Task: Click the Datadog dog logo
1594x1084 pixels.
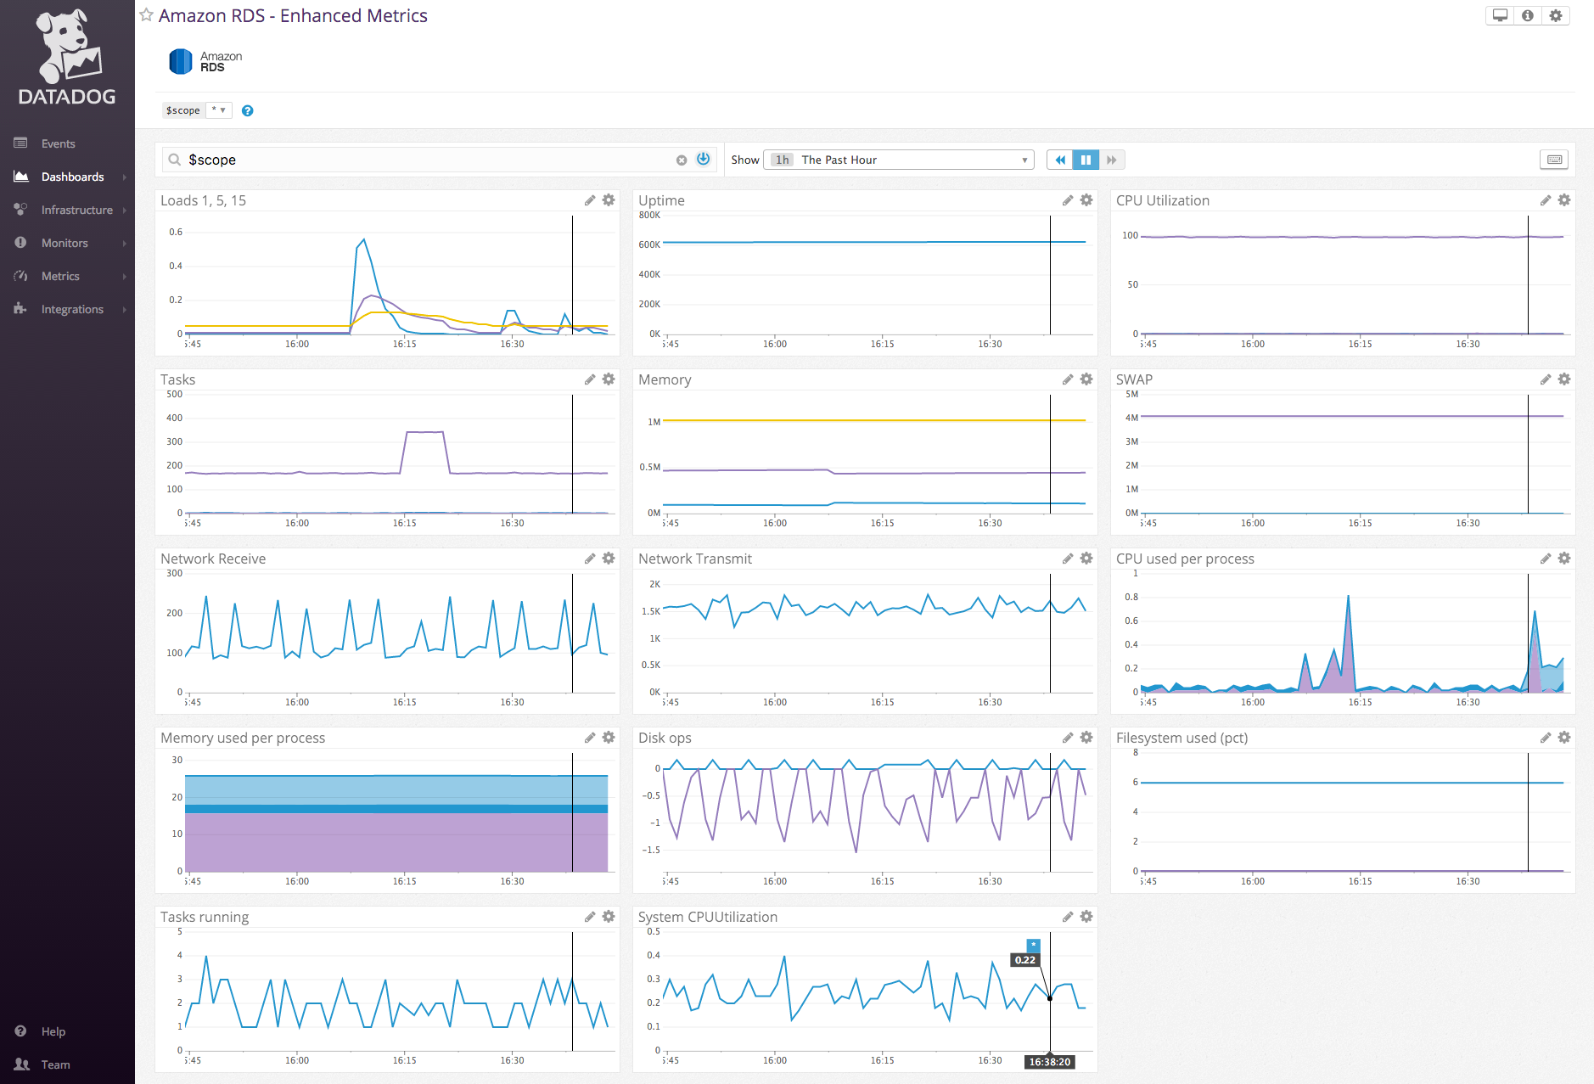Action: [x=66, y=47]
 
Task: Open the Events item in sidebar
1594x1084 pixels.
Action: [x=58, y=143]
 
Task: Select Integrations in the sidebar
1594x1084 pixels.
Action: [x=72, y=309]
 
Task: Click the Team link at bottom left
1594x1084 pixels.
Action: [x=55, y=1064]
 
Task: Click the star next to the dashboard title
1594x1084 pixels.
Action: [x=146, y=15]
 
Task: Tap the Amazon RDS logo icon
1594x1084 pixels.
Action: [x=181, y=61]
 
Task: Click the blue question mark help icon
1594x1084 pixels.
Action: [x=247, y=110]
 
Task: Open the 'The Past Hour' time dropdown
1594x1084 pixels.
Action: [x=899, y=160]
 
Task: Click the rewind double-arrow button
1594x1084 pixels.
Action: [x=1059, y=160]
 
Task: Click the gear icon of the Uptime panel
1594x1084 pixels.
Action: [x=1086, y=200]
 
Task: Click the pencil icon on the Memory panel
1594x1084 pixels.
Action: [x=1068, y=379]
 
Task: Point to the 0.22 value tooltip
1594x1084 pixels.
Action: [x=1024, y=960]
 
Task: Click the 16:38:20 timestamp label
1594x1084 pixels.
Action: [x=1050, y=1062]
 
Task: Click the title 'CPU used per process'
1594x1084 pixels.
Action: [x=1185, y=559]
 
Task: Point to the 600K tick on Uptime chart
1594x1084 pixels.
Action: [x=649, y=244]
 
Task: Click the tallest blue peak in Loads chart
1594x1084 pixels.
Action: [x=364, y=240]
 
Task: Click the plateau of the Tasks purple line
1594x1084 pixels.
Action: [x=424, y=432]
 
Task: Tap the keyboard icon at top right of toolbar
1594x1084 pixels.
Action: [x=1554, y=160]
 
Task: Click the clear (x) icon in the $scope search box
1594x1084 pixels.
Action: [x=681, y=160]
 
